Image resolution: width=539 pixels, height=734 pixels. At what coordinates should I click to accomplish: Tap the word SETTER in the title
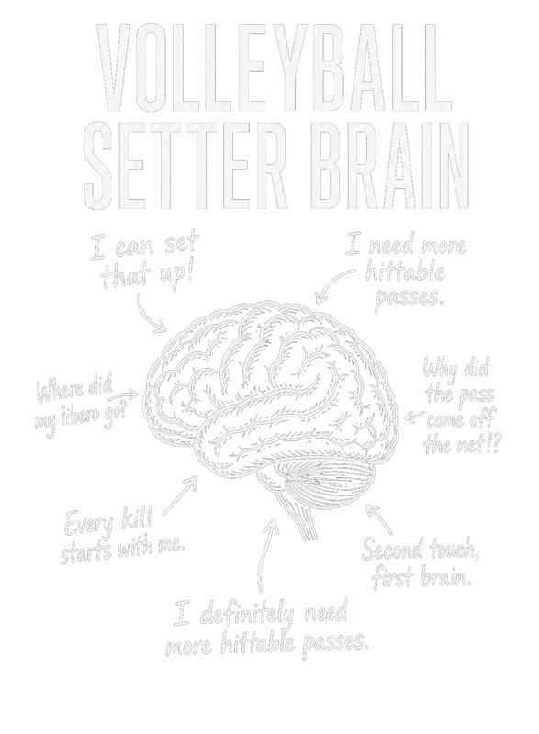(x=185, y=165)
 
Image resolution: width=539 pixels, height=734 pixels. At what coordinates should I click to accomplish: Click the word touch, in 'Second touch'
(x=452, y=550)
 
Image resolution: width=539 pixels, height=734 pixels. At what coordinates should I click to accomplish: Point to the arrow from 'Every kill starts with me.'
(x=180, y=495)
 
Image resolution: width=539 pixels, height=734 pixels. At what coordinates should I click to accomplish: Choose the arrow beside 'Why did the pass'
(x=414, y=417)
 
